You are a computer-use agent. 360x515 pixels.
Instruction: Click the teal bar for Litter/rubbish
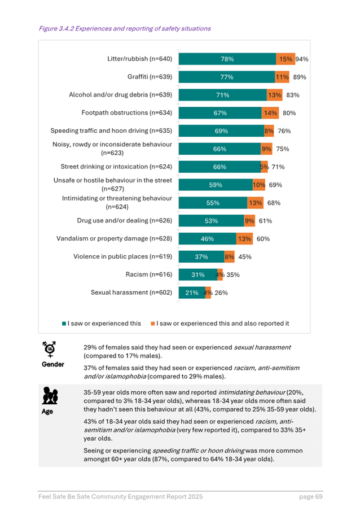pos(227,59)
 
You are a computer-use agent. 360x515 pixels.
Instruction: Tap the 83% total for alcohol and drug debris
pos(292,95)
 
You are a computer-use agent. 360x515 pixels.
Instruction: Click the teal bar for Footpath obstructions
pos(220,113)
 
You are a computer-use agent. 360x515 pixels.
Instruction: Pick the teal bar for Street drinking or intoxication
pos(219,167)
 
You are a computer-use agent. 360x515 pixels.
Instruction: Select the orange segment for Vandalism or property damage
pos(244,239)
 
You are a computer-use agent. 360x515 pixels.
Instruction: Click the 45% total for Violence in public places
pos(245,257)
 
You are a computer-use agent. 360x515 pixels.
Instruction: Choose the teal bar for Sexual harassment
pos(191,293)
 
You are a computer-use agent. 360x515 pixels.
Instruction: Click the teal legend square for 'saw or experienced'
pos(64,324)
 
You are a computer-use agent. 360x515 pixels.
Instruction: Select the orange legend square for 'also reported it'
pos(153,324)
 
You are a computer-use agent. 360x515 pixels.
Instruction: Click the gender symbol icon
pos(50,350)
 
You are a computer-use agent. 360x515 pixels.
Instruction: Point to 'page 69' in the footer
pos(310,496)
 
